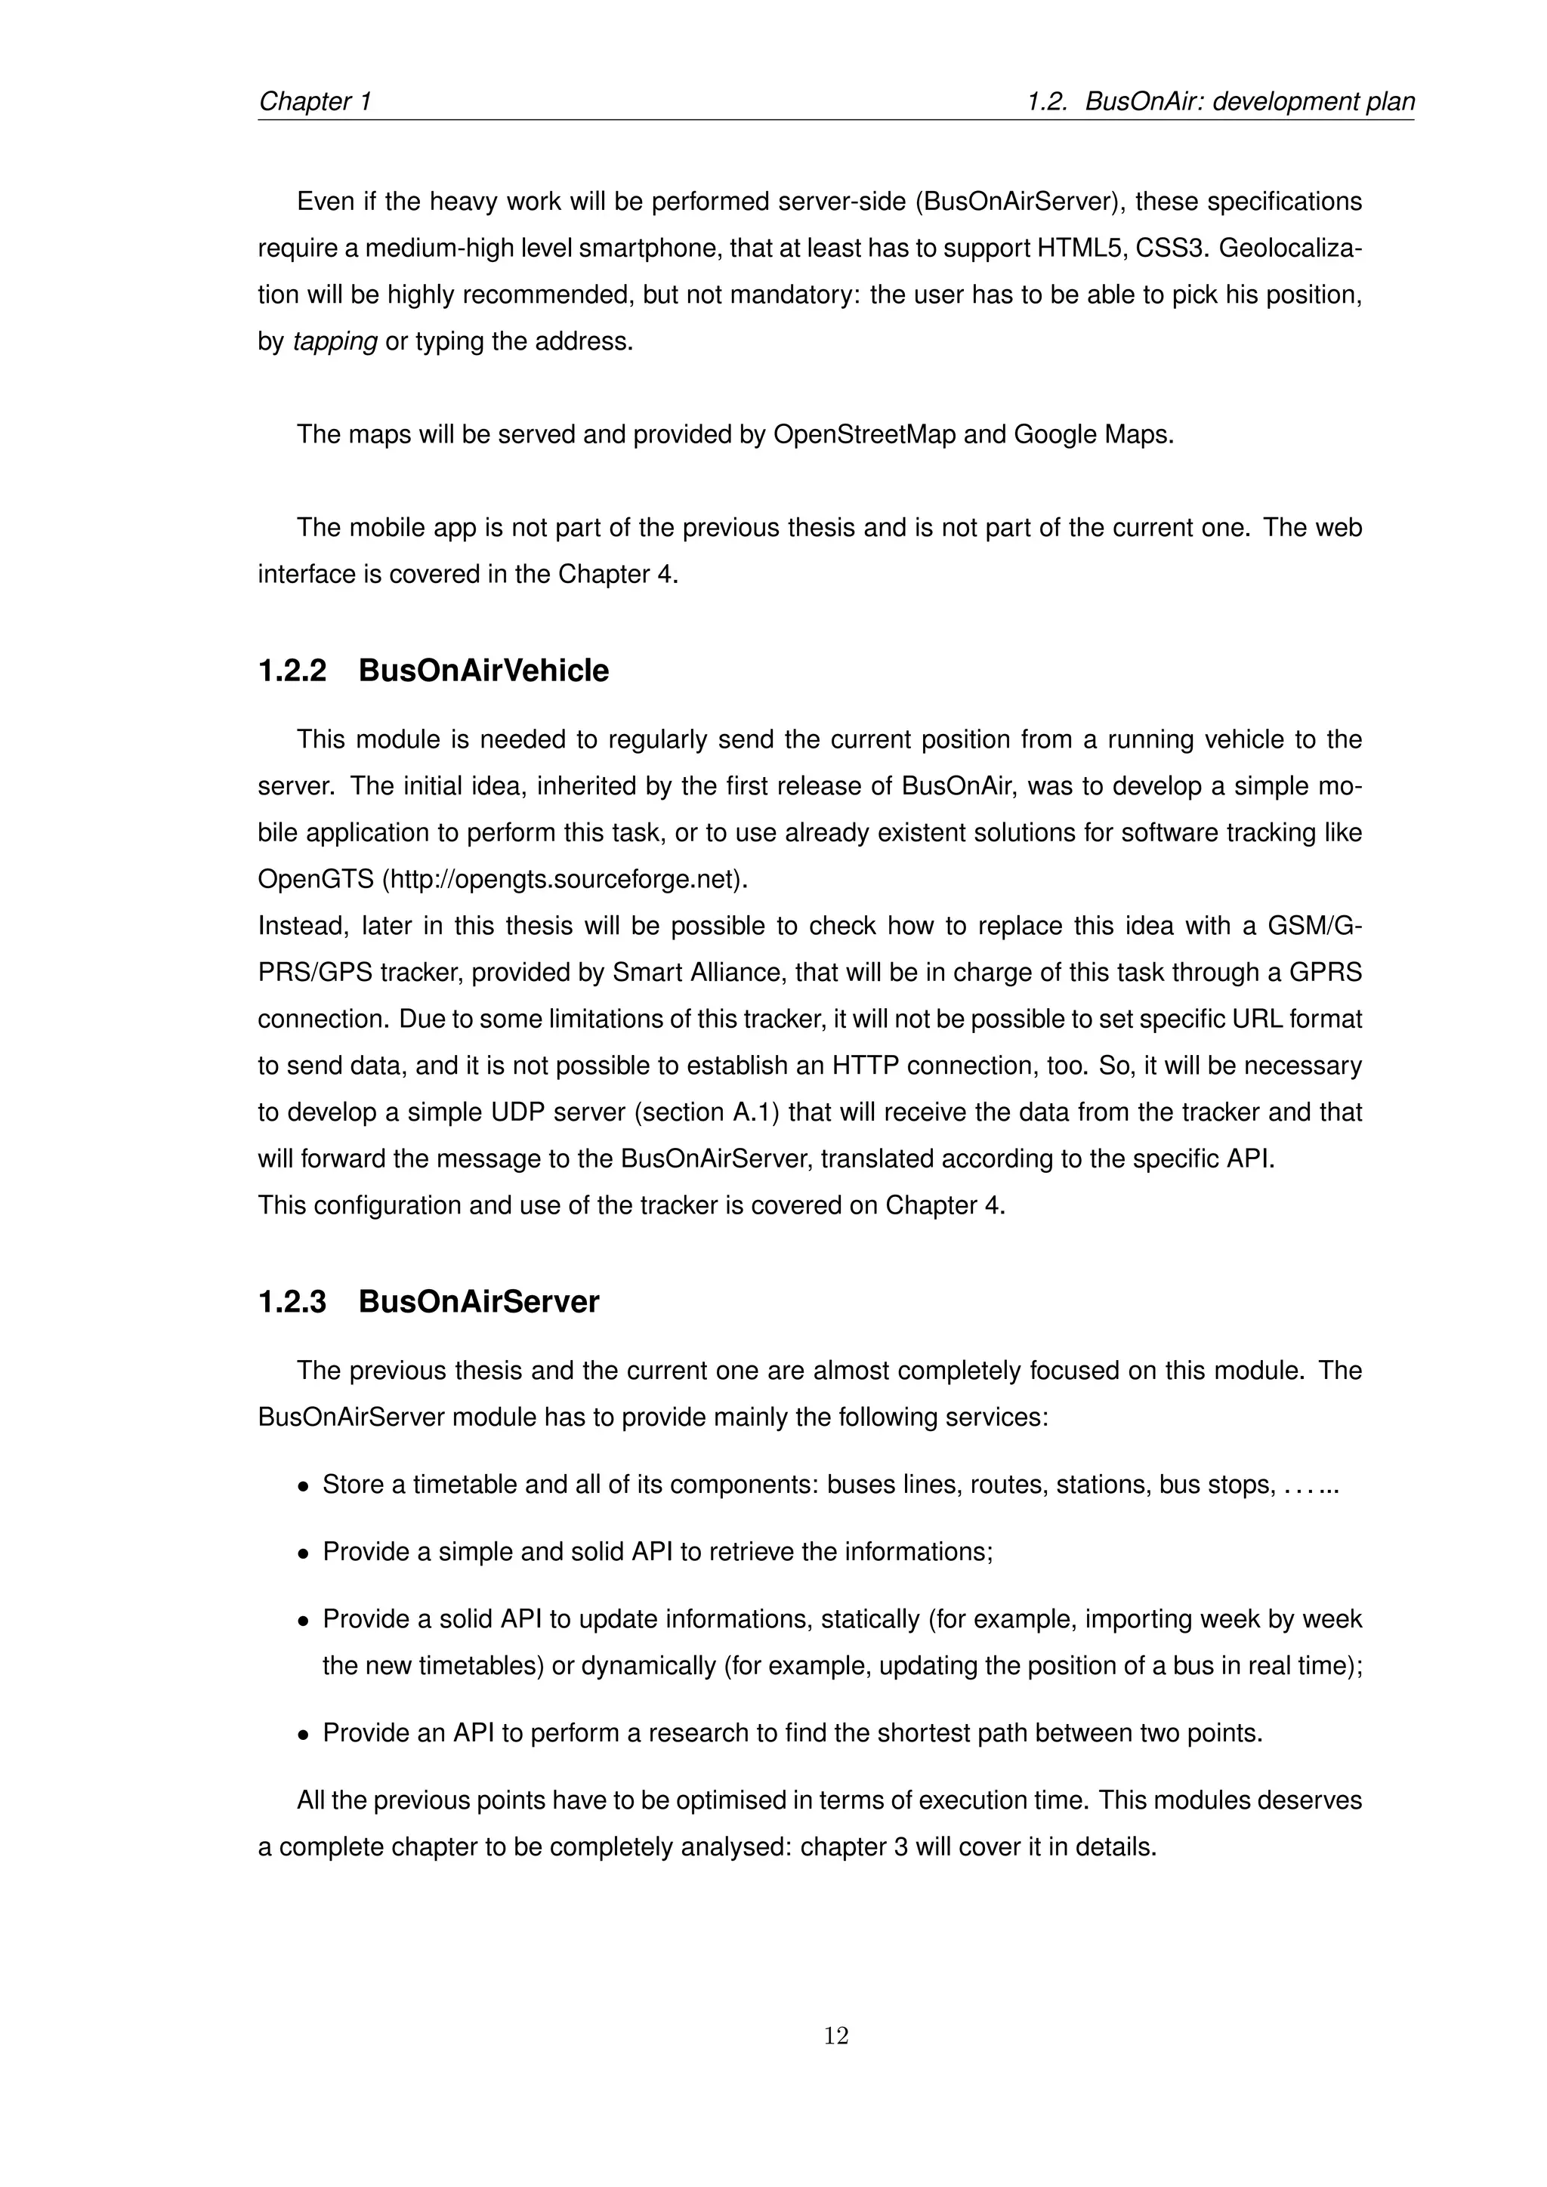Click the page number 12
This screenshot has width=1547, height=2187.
[835, 2035]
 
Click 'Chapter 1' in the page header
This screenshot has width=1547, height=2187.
[315, 101]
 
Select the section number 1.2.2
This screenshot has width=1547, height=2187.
[292, 671]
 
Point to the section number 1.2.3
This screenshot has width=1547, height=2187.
[292, 1301]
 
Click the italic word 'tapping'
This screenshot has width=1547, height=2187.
[335, 341]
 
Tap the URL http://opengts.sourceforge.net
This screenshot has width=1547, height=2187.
[565, 879]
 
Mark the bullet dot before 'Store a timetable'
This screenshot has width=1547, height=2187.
[303, 1487]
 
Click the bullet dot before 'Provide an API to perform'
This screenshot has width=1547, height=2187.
[303, 1735]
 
